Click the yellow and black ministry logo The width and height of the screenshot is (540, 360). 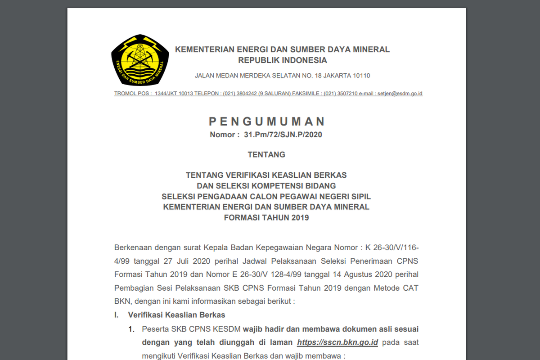pos(140,60)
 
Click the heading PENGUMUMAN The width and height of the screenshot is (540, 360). pos(267,121)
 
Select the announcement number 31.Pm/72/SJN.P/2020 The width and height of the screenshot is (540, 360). pos(283,135)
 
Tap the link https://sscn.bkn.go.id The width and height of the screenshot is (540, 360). pos(337,342)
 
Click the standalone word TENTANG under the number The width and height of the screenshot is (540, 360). pos(266,154)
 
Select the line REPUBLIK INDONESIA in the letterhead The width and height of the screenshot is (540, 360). pos(282,60)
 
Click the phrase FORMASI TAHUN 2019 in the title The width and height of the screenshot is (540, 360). pos(266,218)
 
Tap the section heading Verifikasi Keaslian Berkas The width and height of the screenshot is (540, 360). pos(176,315)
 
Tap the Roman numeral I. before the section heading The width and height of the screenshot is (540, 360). pos(117,315)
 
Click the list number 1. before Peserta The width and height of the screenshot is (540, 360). pos(131,329)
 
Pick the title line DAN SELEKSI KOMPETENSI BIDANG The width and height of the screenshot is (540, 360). pos(266,185)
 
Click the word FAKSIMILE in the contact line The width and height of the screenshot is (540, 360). pos(306,94)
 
